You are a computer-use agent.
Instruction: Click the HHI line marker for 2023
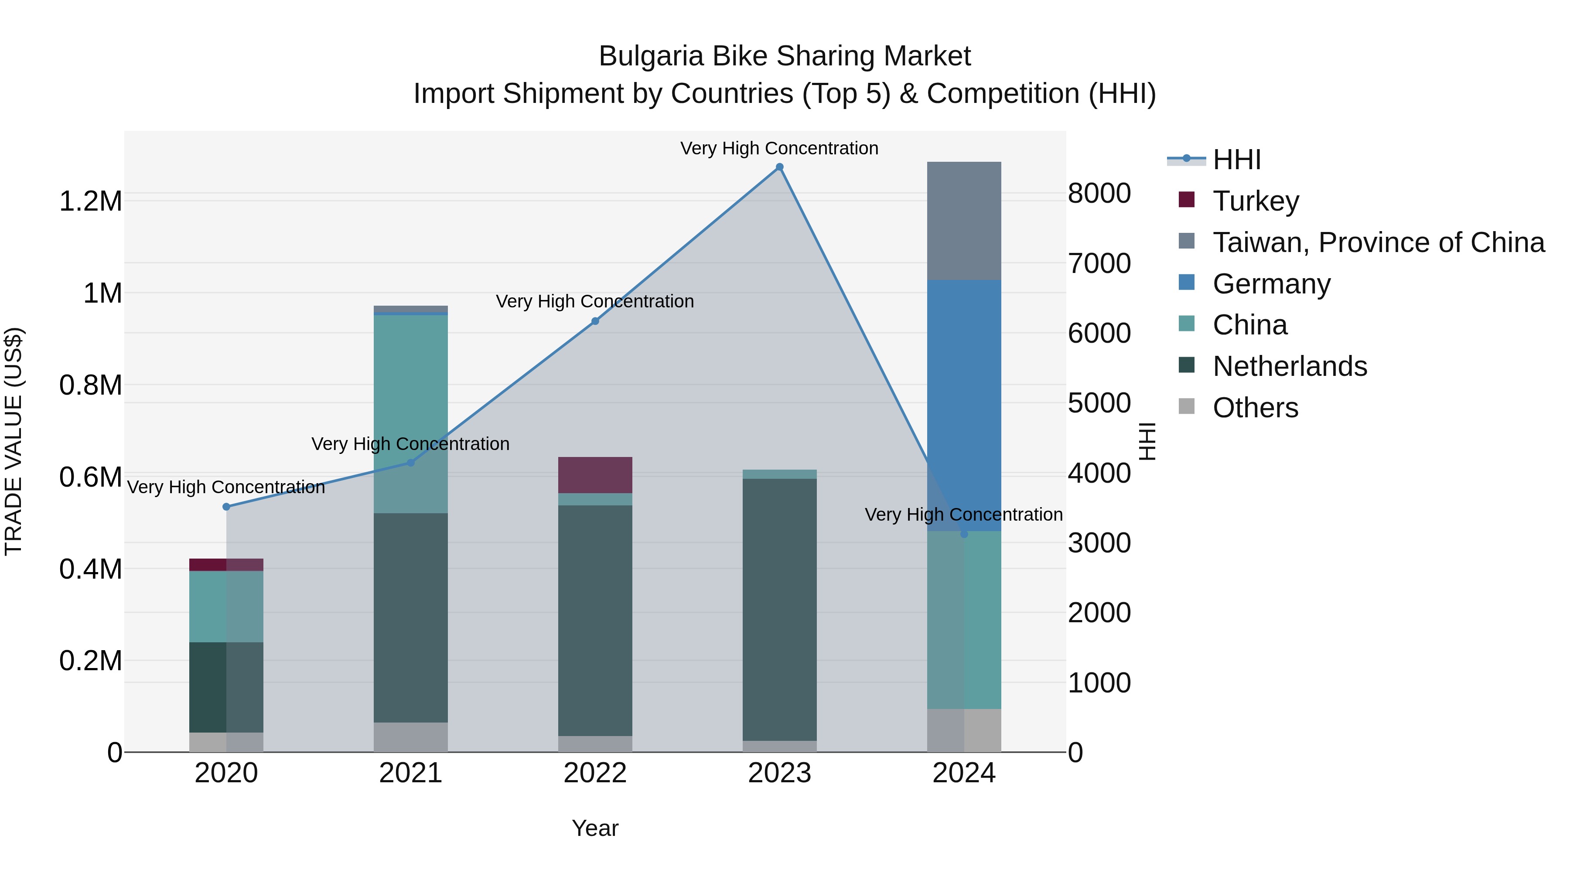click(779, 167)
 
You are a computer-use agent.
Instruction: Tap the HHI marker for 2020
click(226, 506)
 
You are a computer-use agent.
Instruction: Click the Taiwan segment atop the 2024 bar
click(963, 221)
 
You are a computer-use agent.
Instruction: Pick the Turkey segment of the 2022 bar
click(595, 475)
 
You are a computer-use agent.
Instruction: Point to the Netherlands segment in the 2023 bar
click(779, 610)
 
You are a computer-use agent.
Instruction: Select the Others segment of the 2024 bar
click(963, 730)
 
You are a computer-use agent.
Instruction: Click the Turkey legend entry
click(1256, 201)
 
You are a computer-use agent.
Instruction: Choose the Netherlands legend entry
click(1290, 366)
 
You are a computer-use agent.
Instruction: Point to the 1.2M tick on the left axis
click(91, 201)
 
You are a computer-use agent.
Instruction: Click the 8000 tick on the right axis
click(1099, 193)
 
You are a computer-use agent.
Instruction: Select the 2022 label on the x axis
click(595, 773)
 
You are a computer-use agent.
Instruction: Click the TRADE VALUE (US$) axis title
click(14, 441)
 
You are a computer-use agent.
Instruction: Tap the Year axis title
click(595, 828)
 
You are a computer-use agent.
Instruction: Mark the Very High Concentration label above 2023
click(779, 148)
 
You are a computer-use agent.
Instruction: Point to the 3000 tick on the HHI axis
click(1099, 542)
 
